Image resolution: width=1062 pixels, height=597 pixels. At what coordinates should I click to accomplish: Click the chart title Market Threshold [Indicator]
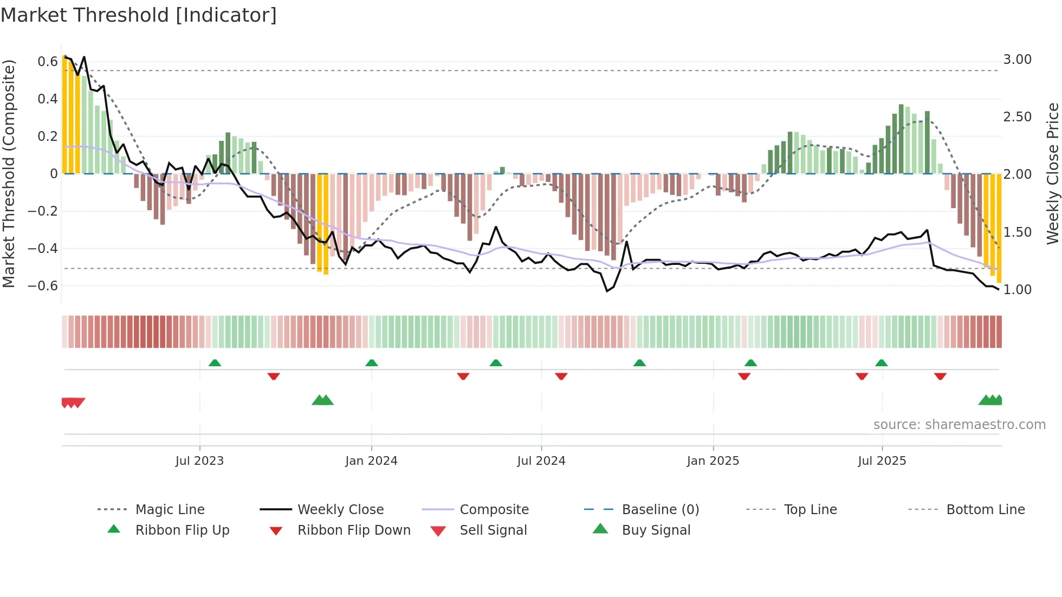[x=139, y=15]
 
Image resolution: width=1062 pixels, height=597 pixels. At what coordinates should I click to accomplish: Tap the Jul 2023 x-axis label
[x=199, y=461]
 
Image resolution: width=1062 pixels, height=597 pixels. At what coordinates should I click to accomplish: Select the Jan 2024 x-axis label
[x=371, y=461]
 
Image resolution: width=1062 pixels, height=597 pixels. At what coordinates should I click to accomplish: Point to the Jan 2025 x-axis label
[x=713, y=461]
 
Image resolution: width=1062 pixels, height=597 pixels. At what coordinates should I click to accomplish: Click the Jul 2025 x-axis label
[x=882, y=461]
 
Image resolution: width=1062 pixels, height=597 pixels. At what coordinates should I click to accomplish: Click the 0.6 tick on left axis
[x=48, y=62]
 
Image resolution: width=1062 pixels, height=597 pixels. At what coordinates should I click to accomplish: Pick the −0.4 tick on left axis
[x=43, y=249]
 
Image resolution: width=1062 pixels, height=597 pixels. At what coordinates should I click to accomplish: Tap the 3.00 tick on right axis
[x=1017, y=60]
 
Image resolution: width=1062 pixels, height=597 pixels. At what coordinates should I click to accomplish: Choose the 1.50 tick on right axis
[x=1017, y=232]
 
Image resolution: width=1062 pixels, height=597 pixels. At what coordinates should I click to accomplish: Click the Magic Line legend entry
[x=170, y=510]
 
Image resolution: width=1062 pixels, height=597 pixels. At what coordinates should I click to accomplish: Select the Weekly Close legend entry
[x=340, y=510]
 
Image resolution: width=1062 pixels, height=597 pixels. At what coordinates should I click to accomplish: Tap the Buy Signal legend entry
[x=656, y=530]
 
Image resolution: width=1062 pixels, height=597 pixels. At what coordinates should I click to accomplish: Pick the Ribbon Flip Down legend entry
[x=354, y=530]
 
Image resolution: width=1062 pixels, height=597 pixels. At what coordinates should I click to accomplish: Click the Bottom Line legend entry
[x=985, y=510]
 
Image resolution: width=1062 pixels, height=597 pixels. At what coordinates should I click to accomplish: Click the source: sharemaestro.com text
[x=959, y=425]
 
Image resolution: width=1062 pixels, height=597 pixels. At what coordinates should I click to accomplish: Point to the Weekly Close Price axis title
[x=1052, y=173]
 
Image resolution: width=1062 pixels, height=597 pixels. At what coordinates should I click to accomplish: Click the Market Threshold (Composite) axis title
[x=9, y=173]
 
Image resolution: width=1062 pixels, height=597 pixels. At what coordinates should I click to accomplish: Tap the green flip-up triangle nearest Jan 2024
[x=372, y=363]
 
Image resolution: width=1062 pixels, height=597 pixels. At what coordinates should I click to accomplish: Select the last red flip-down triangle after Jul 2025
[x=940, y=376]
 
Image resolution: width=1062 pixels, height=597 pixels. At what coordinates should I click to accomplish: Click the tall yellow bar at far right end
[x=999, y=228]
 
